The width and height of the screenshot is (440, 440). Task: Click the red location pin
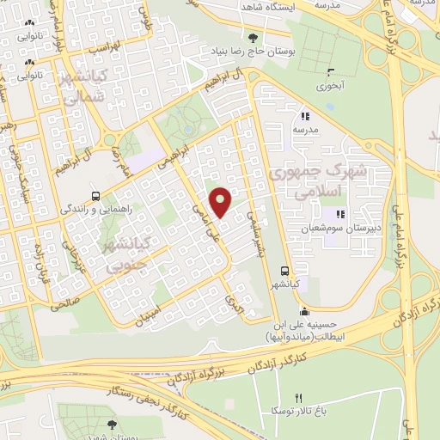coord(221,201)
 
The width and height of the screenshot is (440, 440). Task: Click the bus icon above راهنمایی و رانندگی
coord(96,194)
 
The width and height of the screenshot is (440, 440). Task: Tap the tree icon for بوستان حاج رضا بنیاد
coord(252,38)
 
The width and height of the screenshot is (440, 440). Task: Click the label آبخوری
coord(329,86)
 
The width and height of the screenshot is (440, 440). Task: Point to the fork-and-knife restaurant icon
coord(299,398)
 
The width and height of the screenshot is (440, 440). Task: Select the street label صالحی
coord(65,302)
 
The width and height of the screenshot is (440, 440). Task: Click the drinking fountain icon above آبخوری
coord(329,71)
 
